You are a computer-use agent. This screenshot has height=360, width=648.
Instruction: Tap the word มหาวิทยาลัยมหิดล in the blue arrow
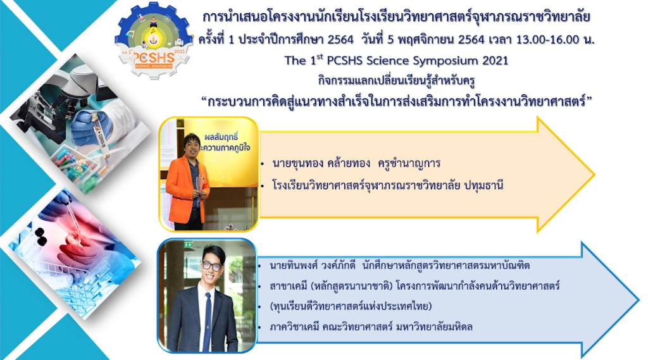pyautogui.click(x=434, y=327)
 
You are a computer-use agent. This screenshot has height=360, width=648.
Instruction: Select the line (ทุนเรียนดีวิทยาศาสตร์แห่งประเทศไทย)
pyautogui.click(x=351, y=307)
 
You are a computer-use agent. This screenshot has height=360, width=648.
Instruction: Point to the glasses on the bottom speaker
pyautogui.click(x=211, y=266)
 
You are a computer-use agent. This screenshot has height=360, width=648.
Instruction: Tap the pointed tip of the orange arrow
pyautogui.click(x=594, y=175)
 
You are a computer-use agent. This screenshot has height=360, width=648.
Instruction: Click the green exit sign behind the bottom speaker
pyautogui.click(x=189, y=245)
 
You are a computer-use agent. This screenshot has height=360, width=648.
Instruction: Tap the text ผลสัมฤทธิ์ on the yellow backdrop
pyautogui.click(x=221, y=137)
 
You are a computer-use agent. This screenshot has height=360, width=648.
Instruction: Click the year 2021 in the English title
pyautogui.click(x=495, y=61)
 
